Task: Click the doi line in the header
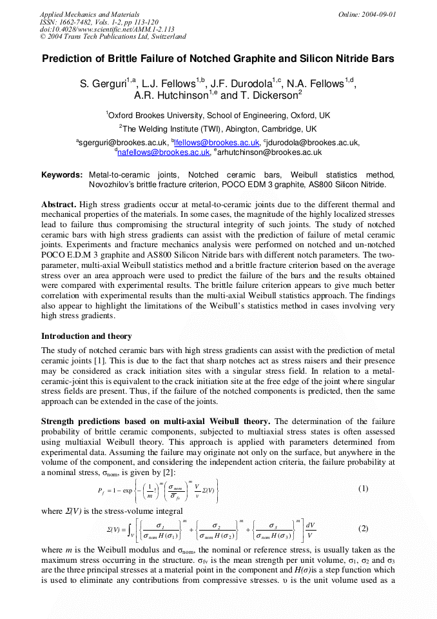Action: pyautogui.click(x=107, y=29)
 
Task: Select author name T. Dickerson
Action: pyautogui.click(x=260, y=96)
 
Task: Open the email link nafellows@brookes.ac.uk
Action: pyautogui.click(x=163, y=152)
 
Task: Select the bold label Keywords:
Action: pyautogui.click(x=62, y=175)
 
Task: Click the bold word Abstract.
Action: pyautogui.click(x=59, y=205)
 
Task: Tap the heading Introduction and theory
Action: pyautogui.click(x=86, y=336)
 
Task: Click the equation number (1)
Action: pyautogui.click(x=363, y=489)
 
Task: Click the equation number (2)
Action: pyautogui.click(x=363, y=528)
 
